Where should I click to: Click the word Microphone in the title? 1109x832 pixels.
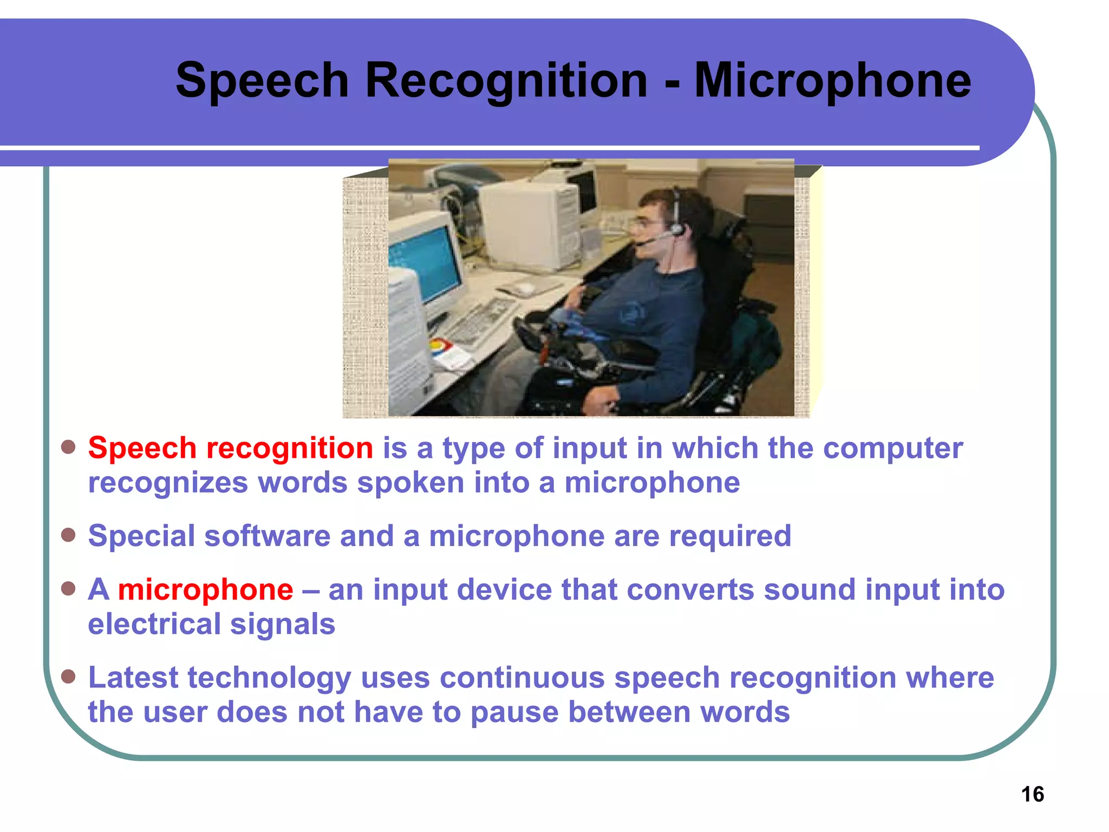tap(832, 81)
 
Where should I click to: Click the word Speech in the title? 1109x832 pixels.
tap(262, 81)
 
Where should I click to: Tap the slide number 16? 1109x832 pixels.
tap(1032, 794)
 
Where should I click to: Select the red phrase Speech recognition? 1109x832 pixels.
tap(231, 448)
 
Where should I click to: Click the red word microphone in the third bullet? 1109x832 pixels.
tap(206, 590)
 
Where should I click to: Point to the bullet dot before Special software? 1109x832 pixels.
tap(68, 535)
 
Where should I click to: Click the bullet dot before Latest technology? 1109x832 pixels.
tap(68, 677)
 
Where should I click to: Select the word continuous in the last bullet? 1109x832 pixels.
tap(522, 678)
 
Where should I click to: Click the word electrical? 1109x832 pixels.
tap(154, 624)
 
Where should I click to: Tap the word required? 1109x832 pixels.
tap(730, 536)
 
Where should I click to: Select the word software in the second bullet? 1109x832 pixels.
tap(267, 536)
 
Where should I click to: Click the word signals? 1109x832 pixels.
tap(282, 624)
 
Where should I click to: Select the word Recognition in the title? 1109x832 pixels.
tap(506, 81)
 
